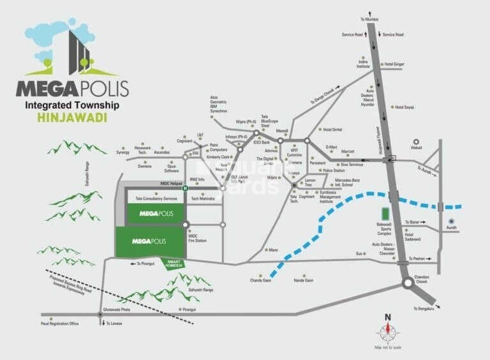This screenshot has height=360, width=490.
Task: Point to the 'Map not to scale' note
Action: coord(387,347)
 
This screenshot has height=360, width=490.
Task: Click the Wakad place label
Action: coord(417,152)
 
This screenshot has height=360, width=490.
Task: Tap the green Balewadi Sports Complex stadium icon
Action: coord(385,214)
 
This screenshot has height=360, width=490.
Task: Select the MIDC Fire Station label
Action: coord(197,238)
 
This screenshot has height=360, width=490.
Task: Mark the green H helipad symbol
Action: coord(185,189)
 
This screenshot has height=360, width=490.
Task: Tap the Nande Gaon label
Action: coord(303,280)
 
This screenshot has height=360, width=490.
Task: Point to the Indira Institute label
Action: coord(364,64)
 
